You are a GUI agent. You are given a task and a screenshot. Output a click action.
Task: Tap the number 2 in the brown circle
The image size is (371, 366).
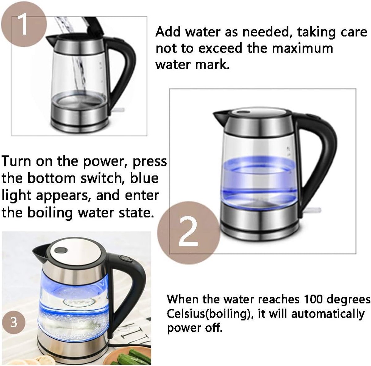tap(188, 231)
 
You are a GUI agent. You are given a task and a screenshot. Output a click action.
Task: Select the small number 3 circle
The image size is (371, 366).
tap(14, 322)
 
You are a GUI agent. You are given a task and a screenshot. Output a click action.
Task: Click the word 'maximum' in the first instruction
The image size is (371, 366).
tap(302, 48)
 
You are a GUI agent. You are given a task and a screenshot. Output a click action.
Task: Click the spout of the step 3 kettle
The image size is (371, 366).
tap(40, 253)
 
